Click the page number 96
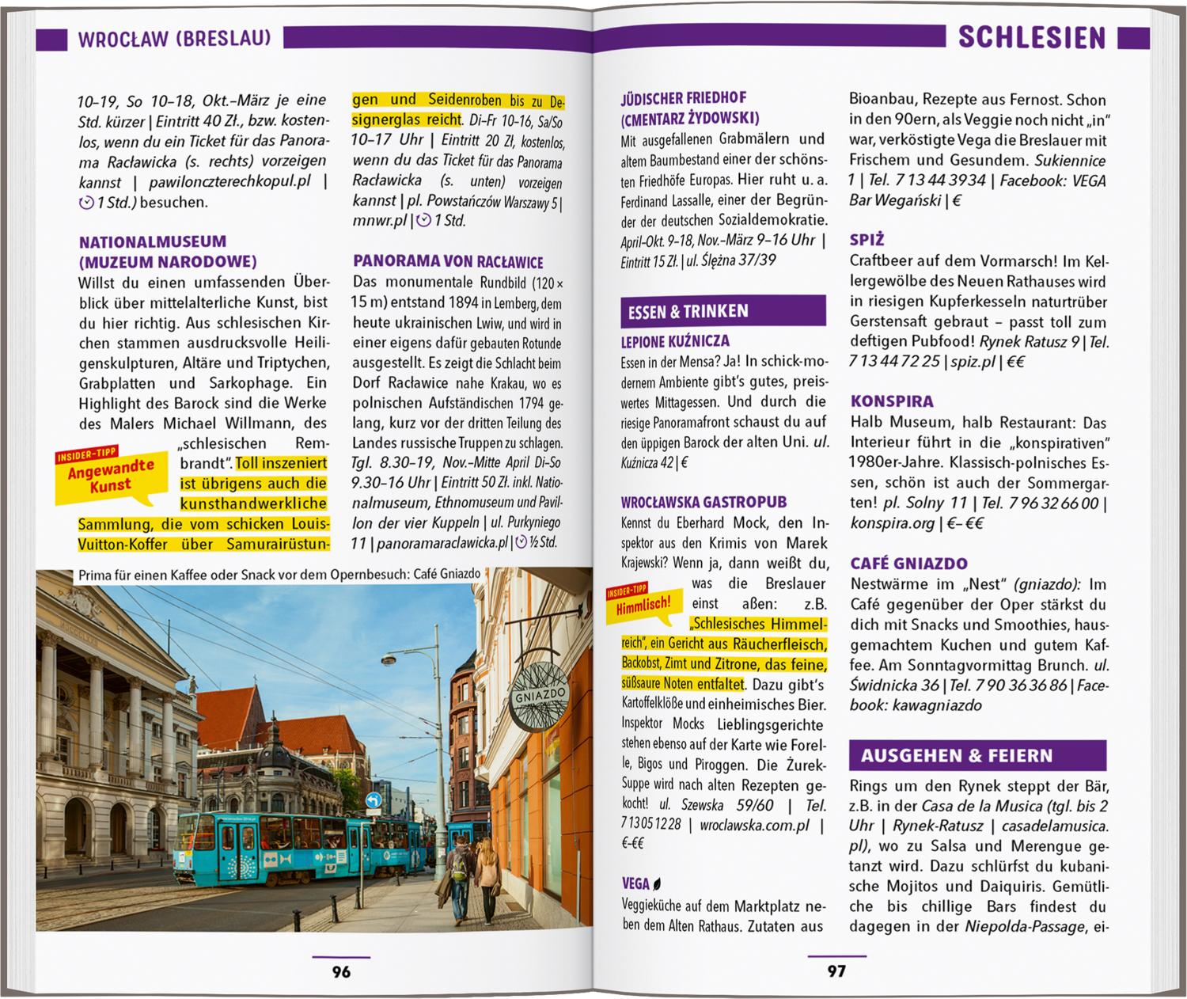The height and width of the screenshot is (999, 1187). (341, 971)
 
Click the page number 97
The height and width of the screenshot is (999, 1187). (836, 971)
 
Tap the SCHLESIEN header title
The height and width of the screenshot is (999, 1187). (1031, 38)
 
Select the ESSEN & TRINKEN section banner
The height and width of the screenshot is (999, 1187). (722, 311)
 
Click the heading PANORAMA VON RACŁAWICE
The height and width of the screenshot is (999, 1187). (448, 262)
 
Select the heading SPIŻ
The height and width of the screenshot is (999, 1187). (867, 239)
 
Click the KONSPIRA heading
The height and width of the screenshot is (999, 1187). (892, 401)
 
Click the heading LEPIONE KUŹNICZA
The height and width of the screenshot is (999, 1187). (675, 342)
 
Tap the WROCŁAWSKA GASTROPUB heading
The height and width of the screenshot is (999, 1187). (703, 502)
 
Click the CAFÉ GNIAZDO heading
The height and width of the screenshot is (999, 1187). (908, 564)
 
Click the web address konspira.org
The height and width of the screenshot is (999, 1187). (892, 523)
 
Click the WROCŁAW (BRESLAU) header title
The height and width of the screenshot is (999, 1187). (174, 39)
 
